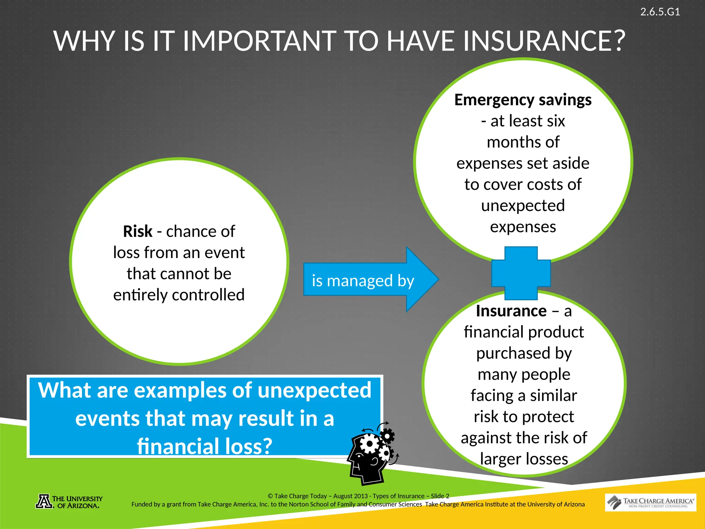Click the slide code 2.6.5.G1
pos(660,12)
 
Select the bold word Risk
pos(138,231)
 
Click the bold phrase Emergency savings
pos(523,100)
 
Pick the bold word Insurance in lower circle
pos(511,311)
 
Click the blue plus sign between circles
pos(521,273)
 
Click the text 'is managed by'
pos(363,281)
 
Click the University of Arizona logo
pos(69,502)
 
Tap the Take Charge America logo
pos(650,502)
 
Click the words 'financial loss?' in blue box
pos(204,446)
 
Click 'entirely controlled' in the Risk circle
pos(179,295)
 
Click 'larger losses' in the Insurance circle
pos(524,459)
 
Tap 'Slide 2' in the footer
pos(440,496)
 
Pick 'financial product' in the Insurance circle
pos(524,332)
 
